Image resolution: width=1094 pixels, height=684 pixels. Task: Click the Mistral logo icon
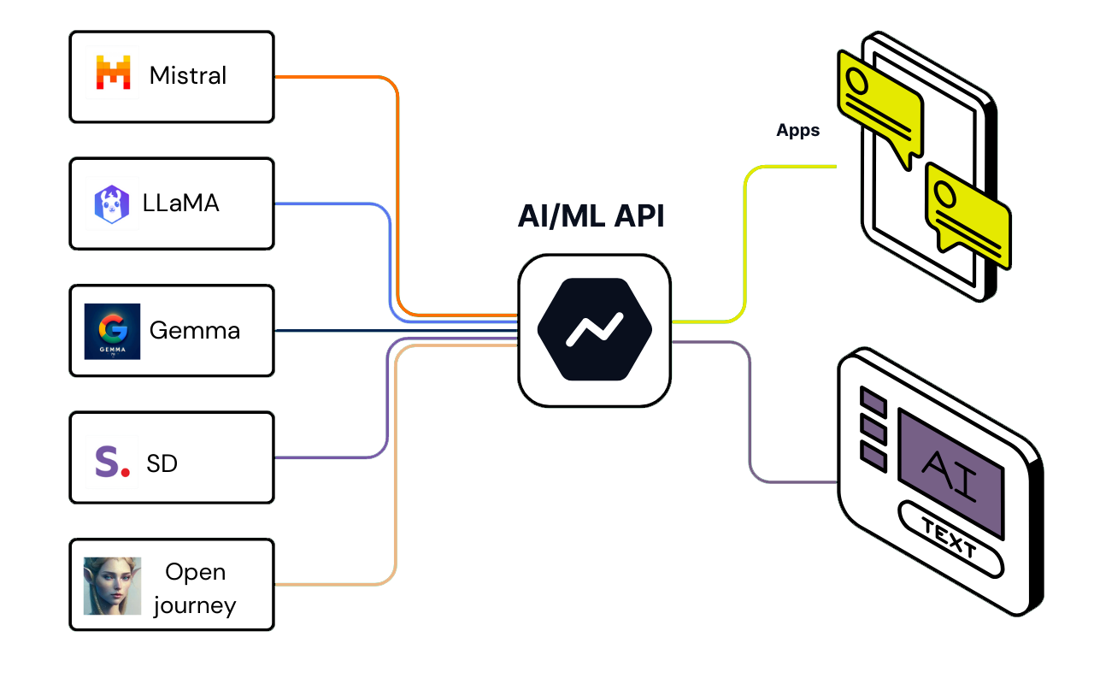click(x=113, y=74)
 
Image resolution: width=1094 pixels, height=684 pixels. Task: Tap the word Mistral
click(x=188, y=75)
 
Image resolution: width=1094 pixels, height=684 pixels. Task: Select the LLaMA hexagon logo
click(x=112, y=204)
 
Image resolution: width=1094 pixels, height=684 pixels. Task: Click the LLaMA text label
click(x=181, y=203)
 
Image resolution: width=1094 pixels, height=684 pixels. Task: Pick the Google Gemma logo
click(x=112, y=331)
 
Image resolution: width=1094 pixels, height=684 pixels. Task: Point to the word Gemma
click(x=195, y=330)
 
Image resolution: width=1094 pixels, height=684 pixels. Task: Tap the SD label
click(x=162, y=463)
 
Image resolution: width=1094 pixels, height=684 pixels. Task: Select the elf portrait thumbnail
click(x=112, y=586)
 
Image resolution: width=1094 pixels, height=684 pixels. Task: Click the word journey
click(x=195, y=605)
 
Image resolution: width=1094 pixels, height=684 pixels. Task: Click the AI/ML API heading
click(x=591, y=216)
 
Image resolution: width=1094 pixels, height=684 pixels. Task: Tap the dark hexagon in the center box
click(x=595, y=329)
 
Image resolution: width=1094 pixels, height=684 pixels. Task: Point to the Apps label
click(x=797, y=131)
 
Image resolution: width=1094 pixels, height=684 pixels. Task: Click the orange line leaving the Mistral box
click(x=342, y=77)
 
